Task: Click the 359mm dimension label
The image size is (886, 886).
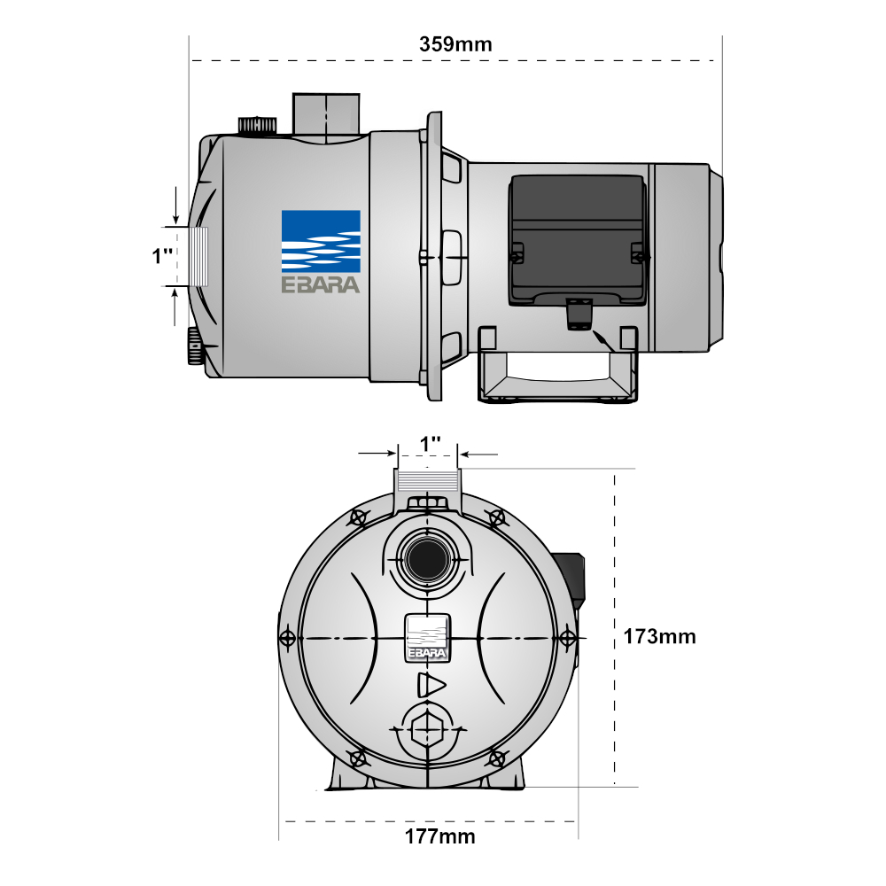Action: coord(455,43)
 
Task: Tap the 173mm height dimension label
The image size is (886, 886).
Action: coord(659,636)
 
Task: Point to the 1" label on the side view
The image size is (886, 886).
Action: coord(162,256)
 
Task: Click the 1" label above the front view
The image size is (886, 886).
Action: coord(431,442)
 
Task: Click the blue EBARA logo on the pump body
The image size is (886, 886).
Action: coord(320,251)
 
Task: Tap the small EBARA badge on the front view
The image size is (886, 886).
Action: coord(428,638)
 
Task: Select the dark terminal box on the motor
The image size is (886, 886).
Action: coord(577,239)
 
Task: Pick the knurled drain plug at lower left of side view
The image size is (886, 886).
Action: coord(195,346)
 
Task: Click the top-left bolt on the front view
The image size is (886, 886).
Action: coord(359,517)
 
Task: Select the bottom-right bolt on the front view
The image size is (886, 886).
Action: coord(497,758)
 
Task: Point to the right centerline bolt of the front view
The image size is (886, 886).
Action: coord(568,638)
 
